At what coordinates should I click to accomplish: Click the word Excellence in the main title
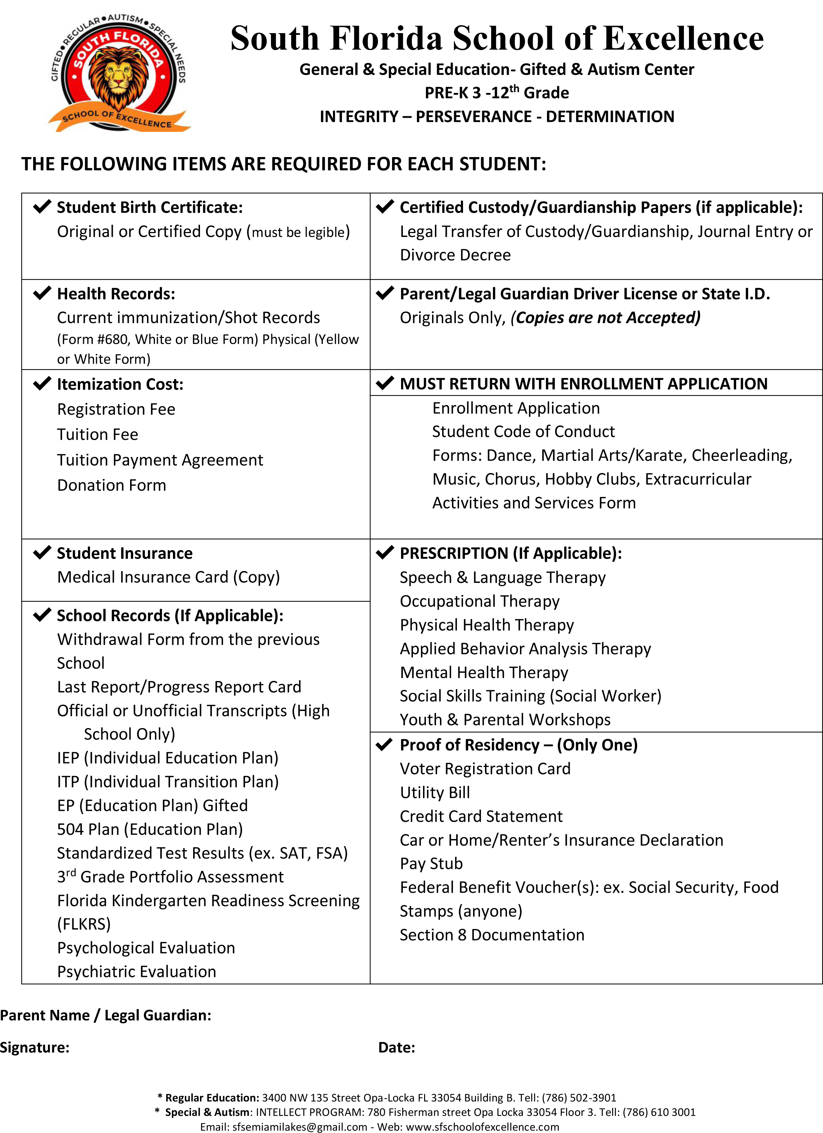coord(684,39)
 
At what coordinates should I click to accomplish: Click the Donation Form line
coord(111,485)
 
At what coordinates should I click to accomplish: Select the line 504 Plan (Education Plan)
coord(150,829)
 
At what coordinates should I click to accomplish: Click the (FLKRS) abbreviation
coord(84,924)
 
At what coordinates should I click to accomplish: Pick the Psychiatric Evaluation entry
coord(137,972)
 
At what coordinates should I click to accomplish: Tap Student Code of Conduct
coord(523,432)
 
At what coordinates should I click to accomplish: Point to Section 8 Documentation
coord(492,934)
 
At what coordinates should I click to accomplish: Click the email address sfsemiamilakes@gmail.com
coord(299,1127)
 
